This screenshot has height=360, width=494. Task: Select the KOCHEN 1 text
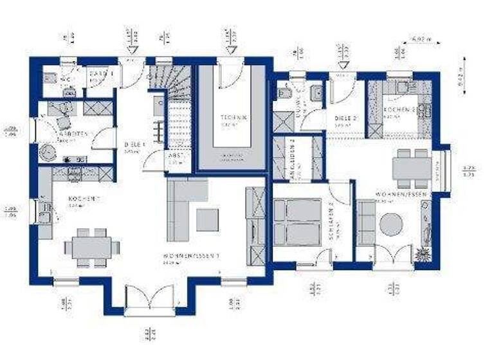pyautogui.click(x=82, y=199)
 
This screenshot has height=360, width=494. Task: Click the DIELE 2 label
pyautogui.click(x=346, y=119)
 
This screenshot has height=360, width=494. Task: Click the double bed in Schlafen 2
pyautogui.click(x=297, y=221)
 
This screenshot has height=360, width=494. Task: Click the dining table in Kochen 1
pyautogui.click(x=91, y=247)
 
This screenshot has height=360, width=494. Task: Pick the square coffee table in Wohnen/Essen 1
pyautogui.click(x=208, y=219)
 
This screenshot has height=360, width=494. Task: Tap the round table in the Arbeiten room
pyautogui.click(x=49, y=152)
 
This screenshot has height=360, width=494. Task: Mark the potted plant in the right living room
pyautogui.click(x=423, y=253)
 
